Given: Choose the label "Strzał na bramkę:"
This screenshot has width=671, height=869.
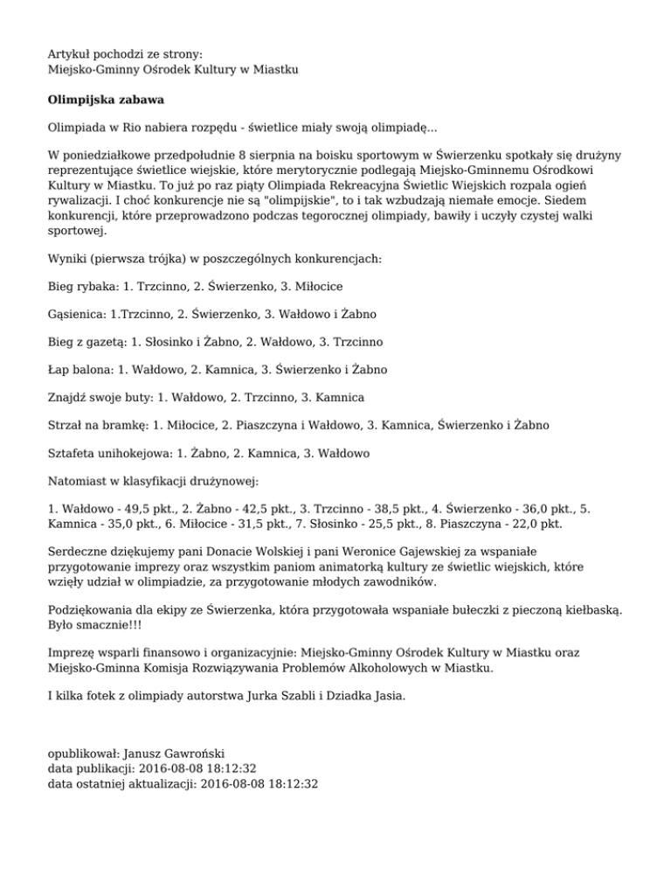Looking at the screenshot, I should point(98,425).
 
